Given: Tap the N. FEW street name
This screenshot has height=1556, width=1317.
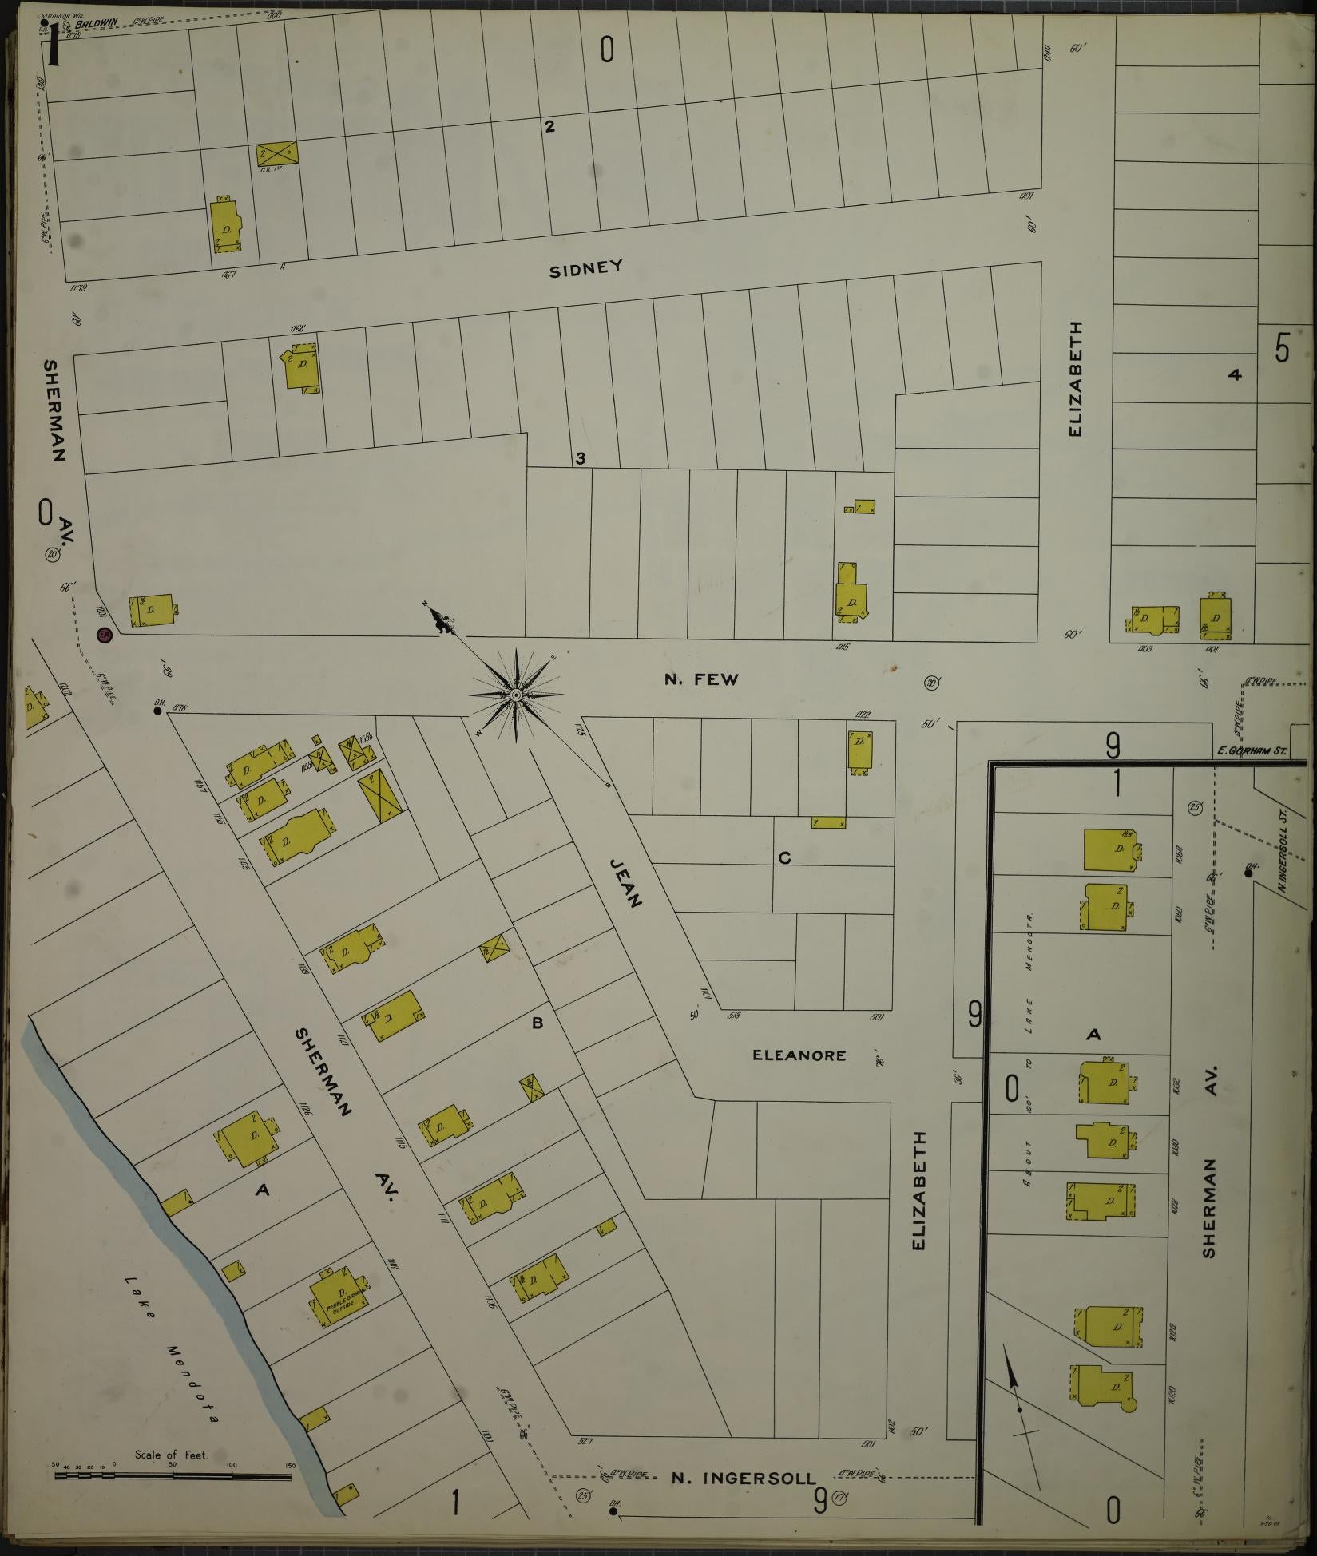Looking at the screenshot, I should tap(701, 679).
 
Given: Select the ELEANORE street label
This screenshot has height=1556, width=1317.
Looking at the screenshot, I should tap(799, 1055).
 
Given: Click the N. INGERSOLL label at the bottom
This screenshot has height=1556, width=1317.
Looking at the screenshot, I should tap(744, 1478).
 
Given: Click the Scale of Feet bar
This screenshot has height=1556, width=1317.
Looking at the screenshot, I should tap(172, 1476).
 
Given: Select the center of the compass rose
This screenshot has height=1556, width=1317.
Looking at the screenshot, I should tap(517, 696).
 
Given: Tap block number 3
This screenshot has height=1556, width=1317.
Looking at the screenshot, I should tap(581, 458).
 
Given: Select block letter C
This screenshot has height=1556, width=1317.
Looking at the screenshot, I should tap(784, 858).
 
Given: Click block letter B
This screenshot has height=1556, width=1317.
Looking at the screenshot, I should tap(538, 1023).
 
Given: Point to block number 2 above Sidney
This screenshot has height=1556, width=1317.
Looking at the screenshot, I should tap(549, 125).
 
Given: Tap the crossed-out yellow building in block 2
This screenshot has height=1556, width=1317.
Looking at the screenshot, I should tap(277, 153).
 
